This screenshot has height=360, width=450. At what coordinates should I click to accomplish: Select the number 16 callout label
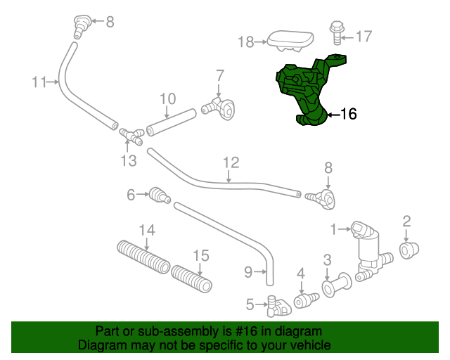[348, 113]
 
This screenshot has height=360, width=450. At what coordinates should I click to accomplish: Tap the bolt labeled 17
[336, 32]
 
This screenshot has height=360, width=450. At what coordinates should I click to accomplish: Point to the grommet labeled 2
[408, 249]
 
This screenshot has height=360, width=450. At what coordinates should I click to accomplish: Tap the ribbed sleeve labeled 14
[143, 256]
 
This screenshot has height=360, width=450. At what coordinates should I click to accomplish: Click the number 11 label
[39, 82]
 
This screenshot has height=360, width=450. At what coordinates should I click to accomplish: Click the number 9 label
[247, 270]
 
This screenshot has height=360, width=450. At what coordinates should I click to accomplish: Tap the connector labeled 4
[304, 301]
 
